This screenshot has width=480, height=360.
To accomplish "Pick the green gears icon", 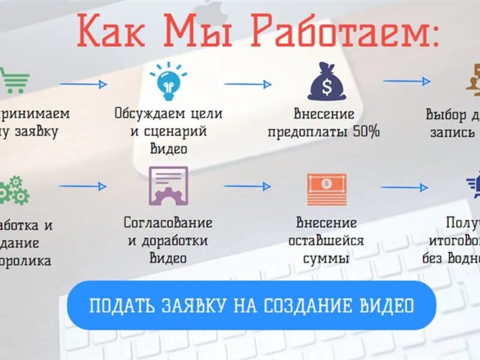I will (x=13, y=190).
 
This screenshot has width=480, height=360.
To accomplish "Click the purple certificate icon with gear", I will (x=168, y=186).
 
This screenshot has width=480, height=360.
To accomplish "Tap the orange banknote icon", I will (x=326, y=189).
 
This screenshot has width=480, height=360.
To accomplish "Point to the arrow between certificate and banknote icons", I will (x=247, y=186).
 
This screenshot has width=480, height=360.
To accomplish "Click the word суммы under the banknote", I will (x=326, y=259).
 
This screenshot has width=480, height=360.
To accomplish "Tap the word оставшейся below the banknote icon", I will (x=326, y=241).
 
